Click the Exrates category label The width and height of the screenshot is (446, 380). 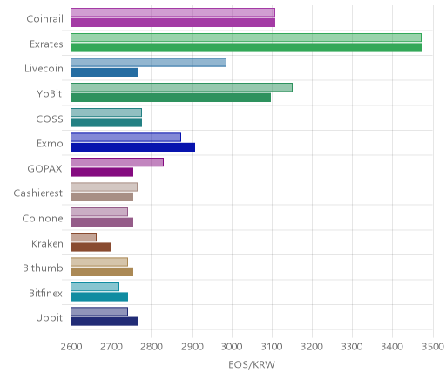(x=46, y=44)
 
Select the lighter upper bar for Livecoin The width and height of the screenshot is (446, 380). (x=148, y=63)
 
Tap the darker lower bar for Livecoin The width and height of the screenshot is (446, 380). (x=104, y=72)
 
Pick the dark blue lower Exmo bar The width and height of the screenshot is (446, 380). (x=132, y=147)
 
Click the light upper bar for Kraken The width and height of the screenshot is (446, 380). (x=84, y=237)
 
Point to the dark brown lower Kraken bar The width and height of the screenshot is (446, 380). (x=91, y=248)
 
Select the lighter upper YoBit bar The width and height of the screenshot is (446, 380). (x=181, y=87)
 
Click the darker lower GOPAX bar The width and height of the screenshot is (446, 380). (x=102, y=173)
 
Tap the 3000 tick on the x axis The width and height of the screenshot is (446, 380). (x=232, y=347)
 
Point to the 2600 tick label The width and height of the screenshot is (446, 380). (x=71, y=347)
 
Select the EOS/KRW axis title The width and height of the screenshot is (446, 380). (x=252, y=364)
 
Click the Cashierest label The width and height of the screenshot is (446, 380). (x=38, y=193)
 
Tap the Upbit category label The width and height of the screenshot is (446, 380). (x=49, y=318)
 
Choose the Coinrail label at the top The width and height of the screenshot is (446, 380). (x=44, y=19)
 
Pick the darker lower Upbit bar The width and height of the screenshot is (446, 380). (x=104, y=322)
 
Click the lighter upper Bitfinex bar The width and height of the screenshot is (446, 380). (x=95, y=287)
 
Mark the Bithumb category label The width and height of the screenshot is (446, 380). (x=43, y=268)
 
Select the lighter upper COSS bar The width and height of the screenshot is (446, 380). (x=106, y=112)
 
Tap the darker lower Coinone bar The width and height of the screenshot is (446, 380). (x=102, y=222)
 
